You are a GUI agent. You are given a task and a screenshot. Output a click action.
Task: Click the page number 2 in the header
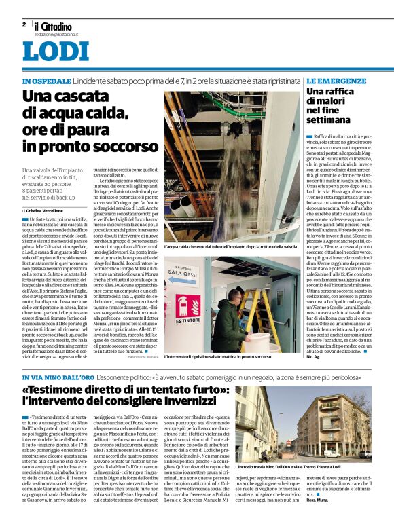pos(24,25)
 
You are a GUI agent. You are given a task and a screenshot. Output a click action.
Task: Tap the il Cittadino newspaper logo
pos(58,25)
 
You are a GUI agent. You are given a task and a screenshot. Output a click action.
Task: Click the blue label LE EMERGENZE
pos(336,81)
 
